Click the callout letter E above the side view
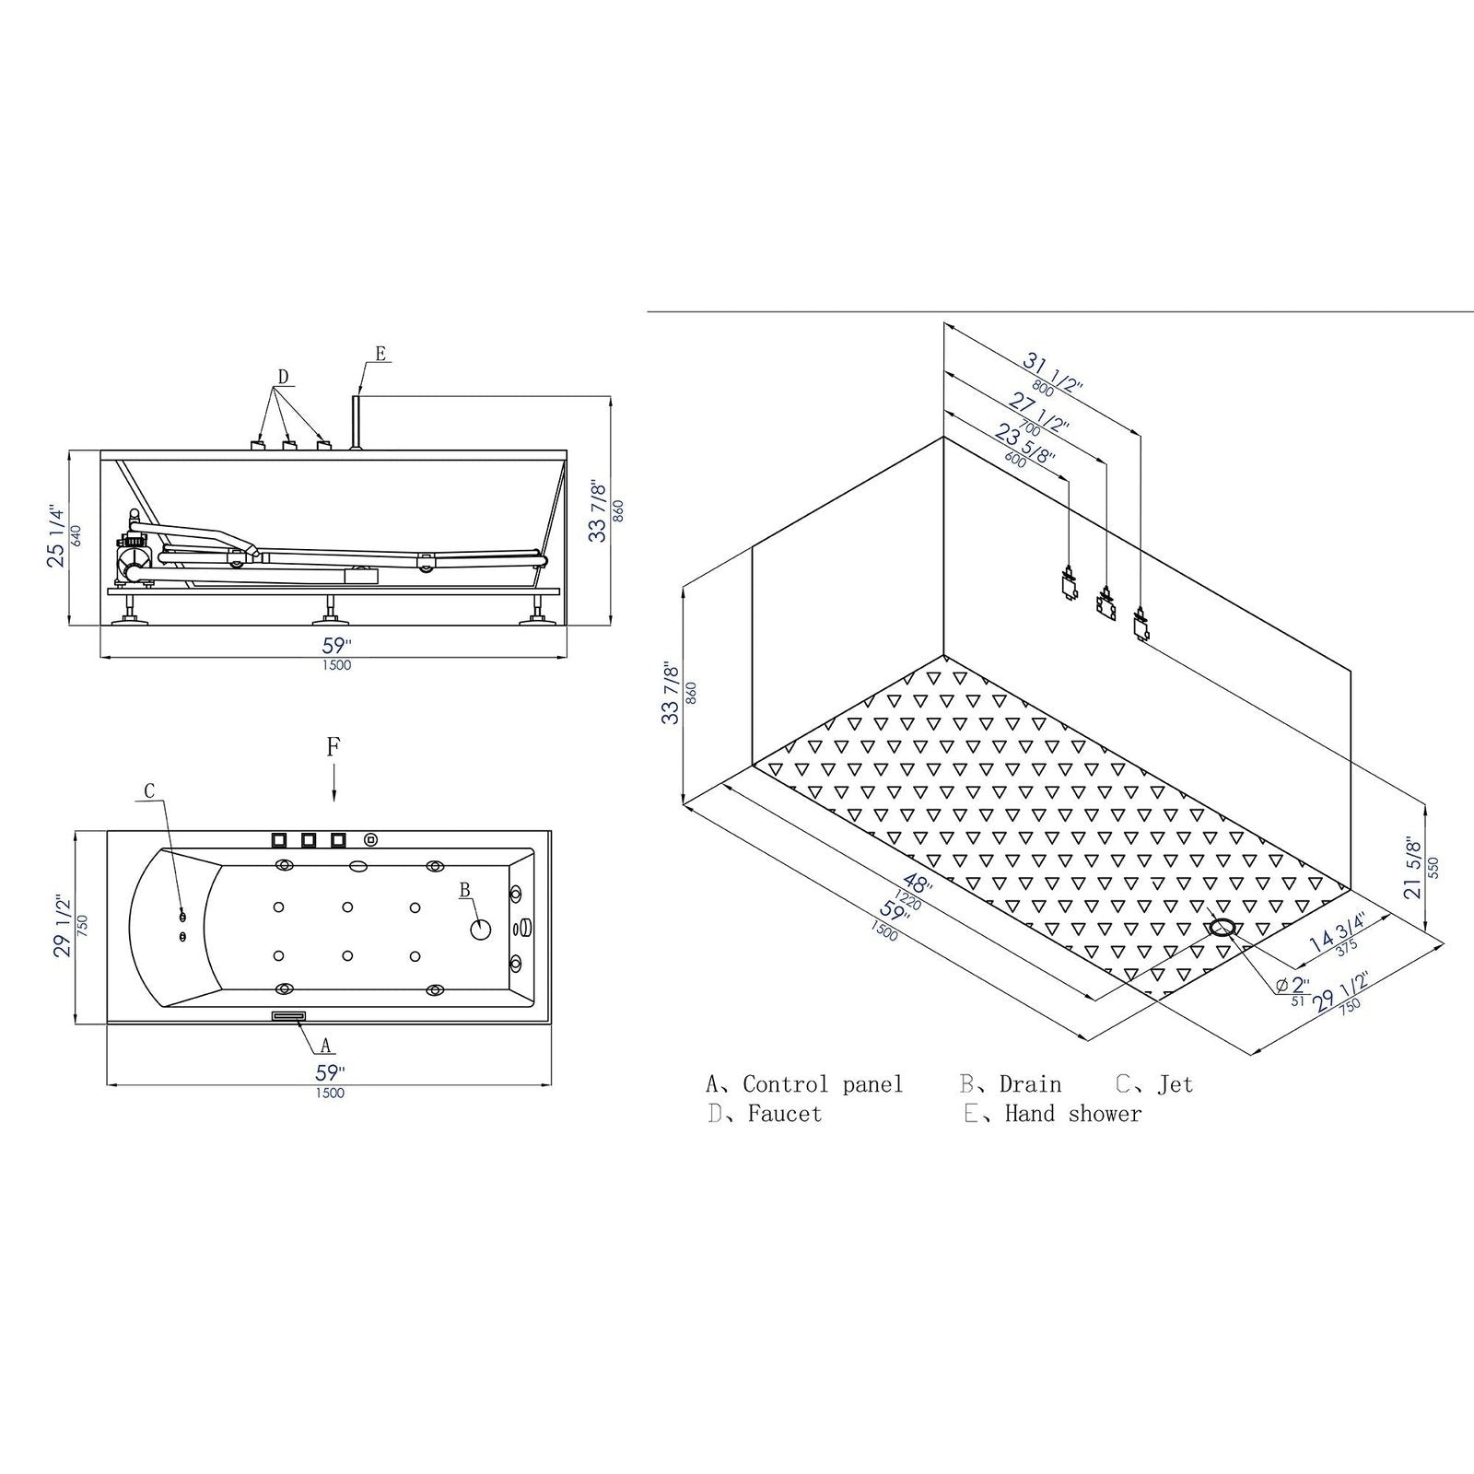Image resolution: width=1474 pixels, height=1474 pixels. tap(380, 353)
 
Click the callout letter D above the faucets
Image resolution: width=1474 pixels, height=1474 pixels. tap(284, 376)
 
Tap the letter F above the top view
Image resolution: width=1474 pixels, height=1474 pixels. tap(333, 746)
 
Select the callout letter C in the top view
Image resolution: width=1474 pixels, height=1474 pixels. tap(149, 790)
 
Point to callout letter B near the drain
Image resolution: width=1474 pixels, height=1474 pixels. tap(465, 890)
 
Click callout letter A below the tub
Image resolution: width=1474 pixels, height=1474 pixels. tap(324, 1046)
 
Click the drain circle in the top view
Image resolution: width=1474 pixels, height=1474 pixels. tap(481, 929)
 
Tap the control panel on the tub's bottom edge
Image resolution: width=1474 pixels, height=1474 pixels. tap(288, 1016)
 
